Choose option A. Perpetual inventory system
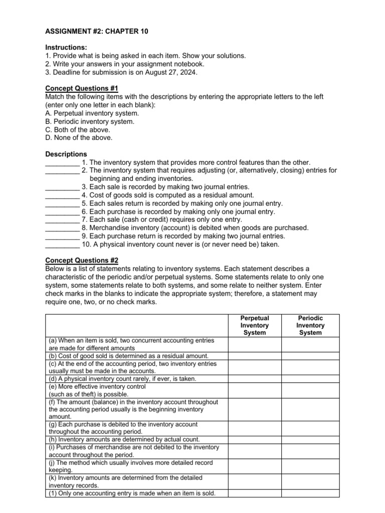[x=85, y=113]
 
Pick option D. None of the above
[x=79, y=137]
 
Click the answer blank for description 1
[x=62, y=162]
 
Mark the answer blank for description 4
[x=62, y=195]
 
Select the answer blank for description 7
[x=62, y=219]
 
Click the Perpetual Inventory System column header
[x=254, y=325]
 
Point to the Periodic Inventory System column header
[x=310, y=325]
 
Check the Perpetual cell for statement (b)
[x=254, y=356]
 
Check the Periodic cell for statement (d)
[x=310, y=379]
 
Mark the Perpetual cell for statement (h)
[x=254, y=439]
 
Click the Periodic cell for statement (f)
[x=310, y=409]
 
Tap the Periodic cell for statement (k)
[x=310, y=481]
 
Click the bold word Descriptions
[x=66, y=154]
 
